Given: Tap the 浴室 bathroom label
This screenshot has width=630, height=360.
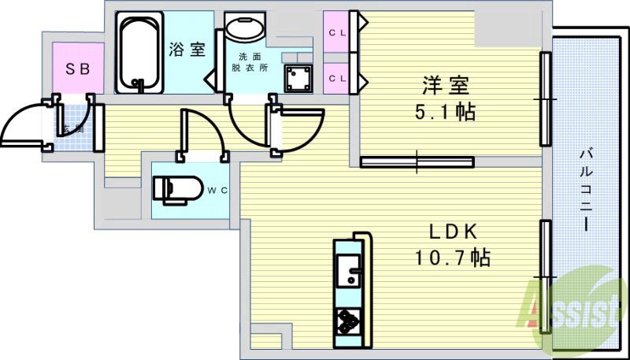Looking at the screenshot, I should (187, 49).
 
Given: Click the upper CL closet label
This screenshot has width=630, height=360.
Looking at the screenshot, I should (337, 32).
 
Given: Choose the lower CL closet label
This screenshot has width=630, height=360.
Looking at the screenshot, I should (337, 77).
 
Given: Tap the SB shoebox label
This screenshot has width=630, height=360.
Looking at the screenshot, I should (77, 69).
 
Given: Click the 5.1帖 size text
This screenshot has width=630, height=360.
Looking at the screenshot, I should (445, 112).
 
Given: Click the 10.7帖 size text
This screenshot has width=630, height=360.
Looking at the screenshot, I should (453, 258).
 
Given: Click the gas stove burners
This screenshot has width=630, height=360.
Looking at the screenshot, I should (346, 321).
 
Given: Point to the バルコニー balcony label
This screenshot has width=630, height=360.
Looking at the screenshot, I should (587, 188).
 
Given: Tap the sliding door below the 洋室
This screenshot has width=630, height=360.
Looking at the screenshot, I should (417, 162).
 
